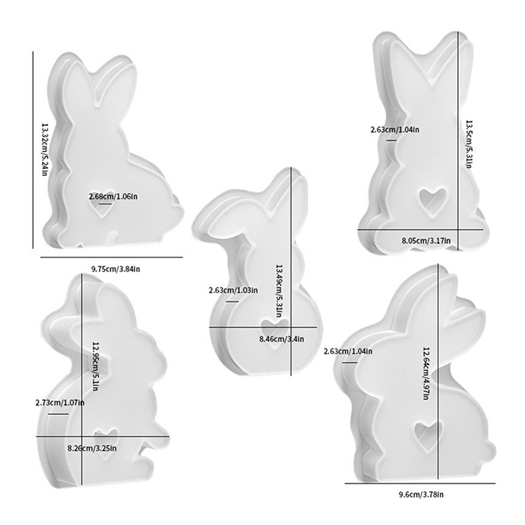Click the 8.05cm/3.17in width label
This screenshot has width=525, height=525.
click(x=426, y=241)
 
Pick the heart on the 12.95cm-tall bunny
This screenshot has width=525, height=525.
click(x=104, y=438)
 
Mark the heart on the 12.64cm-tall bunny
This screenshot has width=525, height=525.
click(x=427, y=430)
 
